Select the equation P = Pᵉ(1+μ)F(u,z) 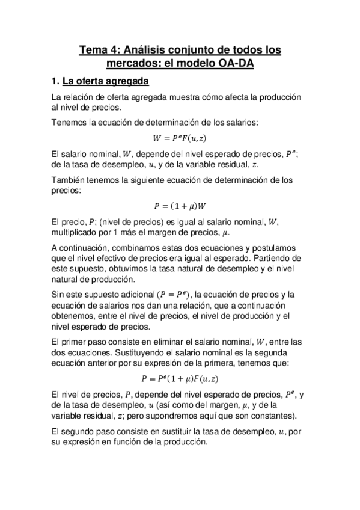click(x=180, y=379)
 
